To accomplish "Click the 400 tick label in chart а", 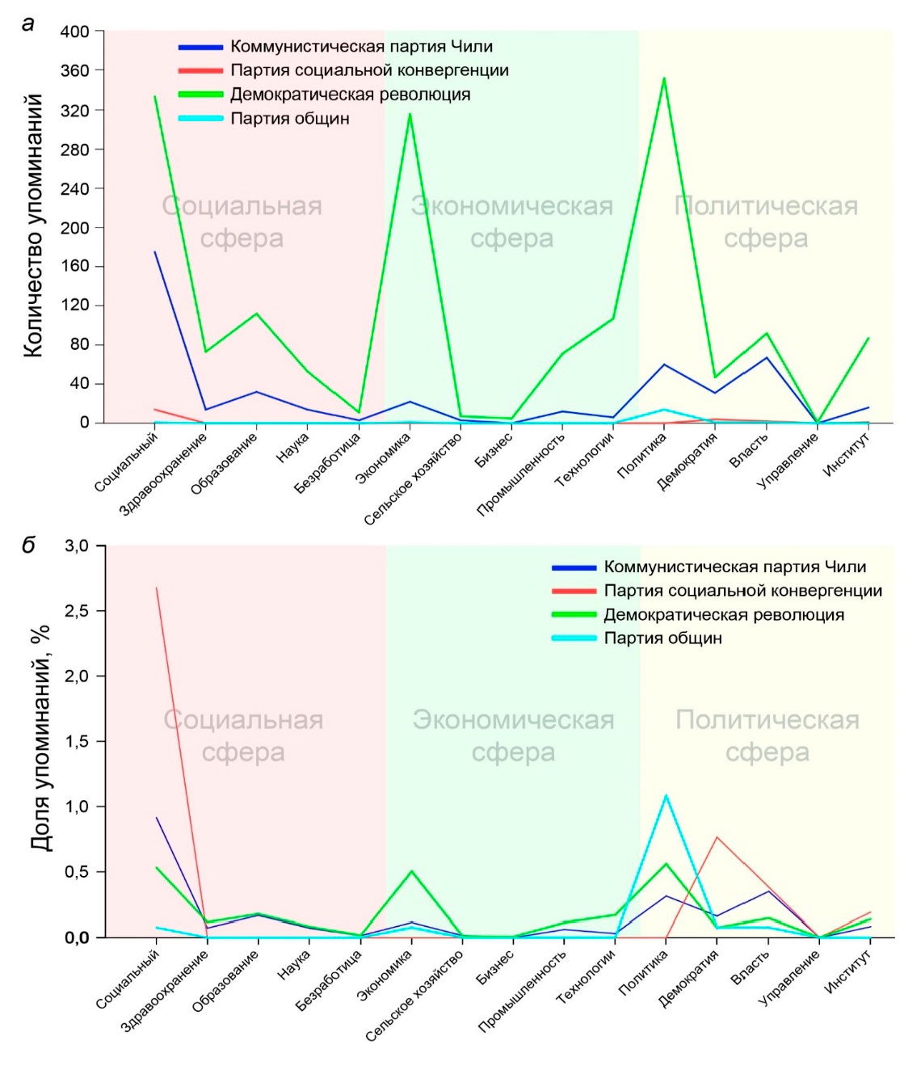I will [74, 32].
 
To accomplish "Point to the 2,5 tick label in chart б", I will [78, 611].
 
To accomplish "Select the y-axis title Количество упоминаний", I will [32, 225].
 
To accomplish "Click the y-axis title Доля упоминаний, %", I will [40, 737].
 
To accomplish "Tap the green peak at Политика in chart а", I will [664, 78].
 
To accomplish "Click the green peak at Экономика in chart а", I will [410, 114].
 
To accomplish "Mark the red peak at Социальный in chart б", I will [156, 588].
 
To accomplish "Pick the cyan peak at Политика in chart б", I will [666, 796].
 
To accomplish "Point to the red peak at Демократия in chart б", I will [717, 837].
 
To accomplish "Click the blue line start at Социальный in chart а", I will [155, 252].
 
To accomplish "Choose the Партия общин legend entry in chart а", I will [289, 119].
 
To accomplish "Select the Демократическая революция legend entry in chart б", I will [723, 615].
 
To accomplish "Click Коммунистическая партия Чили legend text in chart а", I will [361, 47].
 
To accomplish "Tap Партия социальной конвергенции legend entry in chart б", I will [742, 591].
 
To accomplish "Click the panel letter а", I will [29, 24].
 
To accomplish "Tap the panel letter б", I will [29, 546].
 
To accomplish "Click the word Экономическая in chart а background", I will [512, 206].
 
